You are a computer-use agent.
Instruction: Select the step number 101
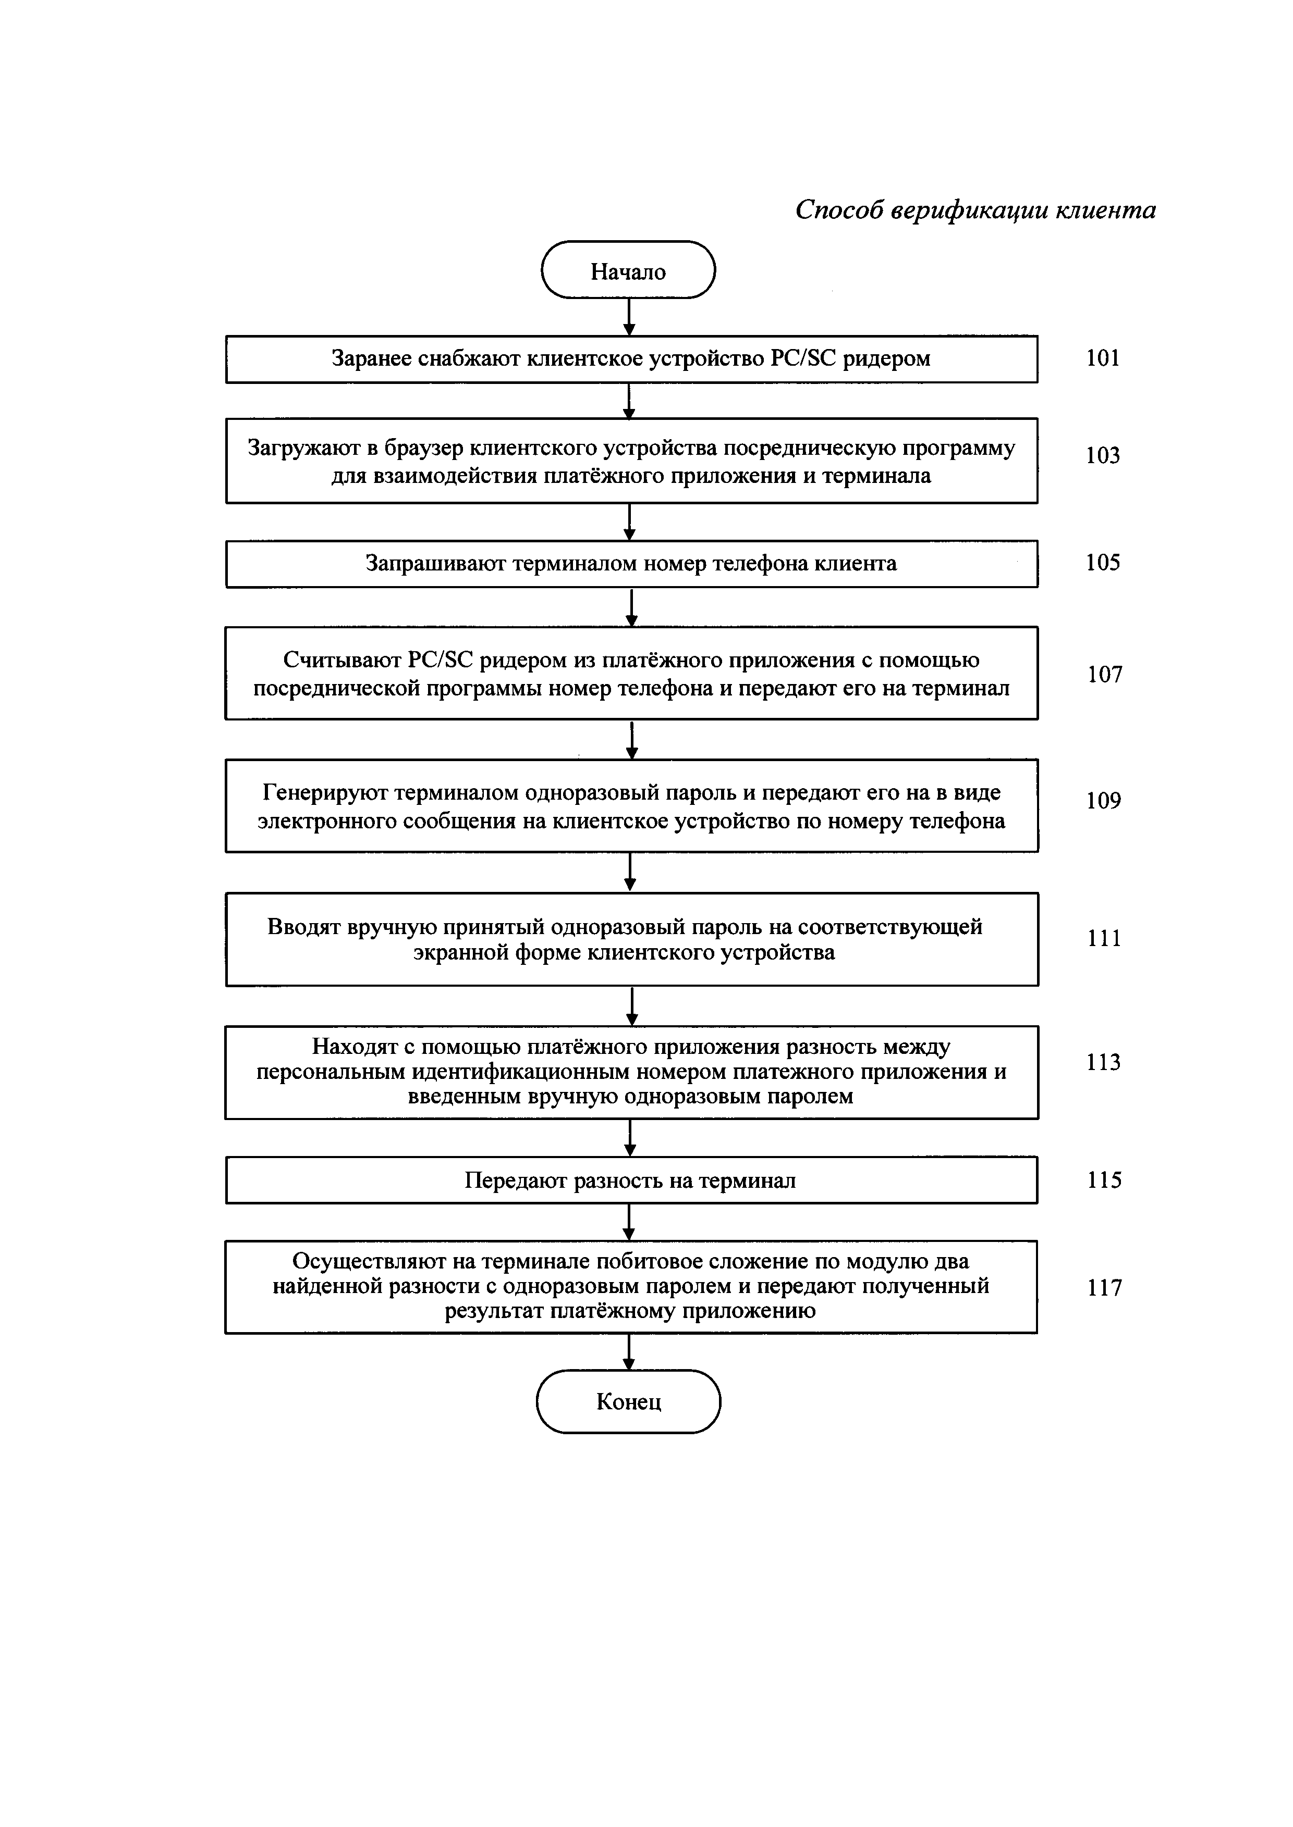pyautogui.click(x=1103, y=359)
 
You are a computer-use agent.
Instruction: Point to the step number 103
pyautogui.click(x=1103, y=456)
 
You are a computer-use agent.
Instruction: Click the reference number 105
pyautogui.click(x=1103, y=563)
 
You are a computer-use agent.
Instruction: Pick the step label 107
pyautogui.click(x=1104, y=675)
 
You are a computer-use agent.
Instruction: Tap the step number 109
pyautogui.click(x=1104, y=801)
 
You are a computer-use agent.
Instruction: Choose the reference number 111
pyautogui.click(x=1104, y=939)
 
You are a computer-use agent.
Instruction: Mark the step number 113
pyautogui.click(x=1104, y=1063)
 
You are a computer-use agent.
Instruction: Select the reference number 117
pyautogui.click(x=1104, y=1287)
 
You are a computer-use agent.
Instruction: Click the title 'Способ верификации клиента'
pyautogui.click(x=975, y=210)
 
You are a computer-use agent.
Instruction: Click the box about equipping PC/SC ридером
pyautogui.click(x=630, y=359)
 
